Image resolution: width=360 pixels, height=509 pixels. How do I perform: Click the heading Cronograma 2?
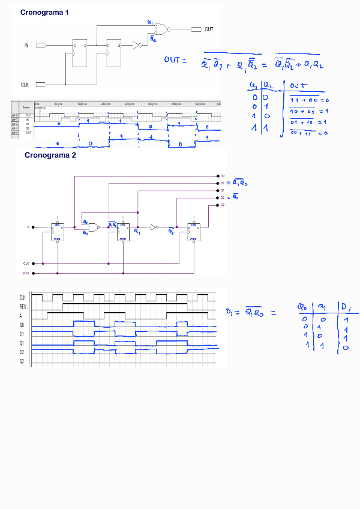50,155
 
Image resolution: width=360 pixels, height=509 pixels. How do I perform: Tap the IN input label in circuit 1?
26,45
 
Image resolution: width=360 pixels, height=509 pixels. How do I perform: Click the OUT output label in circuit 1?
209,29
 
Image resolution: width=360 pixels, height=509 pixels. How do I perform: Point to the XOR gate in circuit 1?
161,29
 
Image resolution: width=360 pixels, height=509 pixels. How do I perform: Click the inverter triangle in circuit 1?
137,45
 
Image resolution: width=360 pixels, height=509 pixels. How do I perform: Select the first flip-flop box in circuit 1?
80,53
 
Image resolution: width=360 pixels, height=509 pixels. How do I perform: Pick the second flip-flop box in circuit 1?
113,53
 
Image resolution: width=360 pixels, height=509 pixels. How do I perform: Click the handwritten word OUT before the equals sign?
175,59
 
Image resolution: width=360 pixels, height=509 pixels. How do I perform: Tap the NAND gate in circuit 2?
94,227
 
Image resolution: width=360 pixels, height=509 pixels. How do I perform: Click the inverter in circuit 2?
154,227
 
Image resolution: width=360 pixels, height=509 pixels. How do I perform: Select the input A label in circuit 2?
28,227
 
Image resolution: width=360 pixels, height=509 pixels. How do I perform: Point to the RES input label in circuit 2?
26,273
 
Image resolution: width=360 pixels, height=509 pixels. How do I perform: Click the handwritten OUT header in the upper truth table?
298,85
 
